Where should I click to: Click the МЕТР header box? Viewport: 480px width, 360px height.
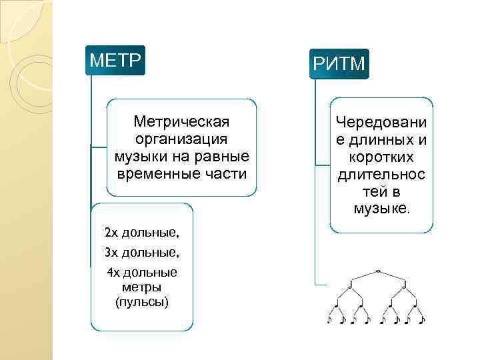point(115,61)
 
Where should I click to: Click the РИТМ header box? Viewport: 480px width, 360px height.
point(339,64)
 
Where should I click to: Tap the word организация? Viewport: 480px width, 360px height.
point(181,139)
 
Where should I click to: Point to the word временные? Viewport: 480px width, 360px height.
point(157,173)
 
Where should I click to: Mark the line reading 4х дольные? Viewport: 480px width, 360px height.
point(142,273)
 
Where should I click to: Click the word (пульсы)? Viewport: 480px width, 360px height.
point(142,301)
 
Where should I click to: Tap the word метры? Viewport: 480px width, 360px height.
point(142,287)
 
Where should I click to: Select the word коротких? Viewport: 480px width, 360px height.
point(382,157)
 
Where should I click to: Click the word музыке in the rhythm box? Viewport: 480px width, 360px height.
point(382,209)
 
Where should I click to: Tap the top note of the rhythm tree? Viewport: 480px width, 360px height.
point(377,271)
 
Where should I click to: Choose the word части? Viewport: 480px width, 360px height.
point(227,173)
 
